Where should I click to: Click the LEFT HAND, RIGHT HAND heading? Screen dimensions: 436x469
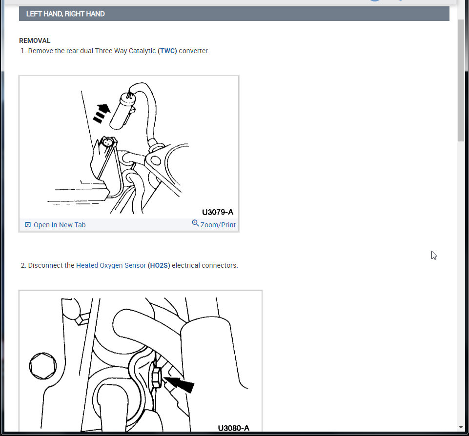(x=65, y=14)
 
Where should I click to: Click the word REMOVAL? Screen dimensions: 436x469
(x=35, y=40)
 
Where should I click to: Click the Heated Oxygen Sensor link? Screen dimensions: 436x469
(x=111, y=265)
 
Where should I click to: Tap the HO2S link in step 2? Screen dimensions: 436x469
(x=159, y=265)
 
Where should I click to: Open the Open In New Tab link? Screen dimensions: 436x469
(x=59, y=225)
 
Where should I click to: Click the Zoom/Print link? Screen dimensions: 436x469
(x=218, y=225)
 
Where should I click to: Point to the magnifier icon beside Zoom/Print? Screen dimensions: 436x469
(x=195, y=223)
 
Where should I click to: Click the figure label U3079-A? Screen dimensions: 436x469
(x=218, y=212)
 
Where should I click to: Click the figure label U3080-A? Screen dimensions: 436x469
(x=233, y=428)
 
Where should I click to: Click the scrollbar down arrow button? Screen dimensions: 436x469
(x=461, y=427)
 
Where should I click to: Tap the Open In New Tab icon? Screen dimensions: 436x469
(x=28, y=225)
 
